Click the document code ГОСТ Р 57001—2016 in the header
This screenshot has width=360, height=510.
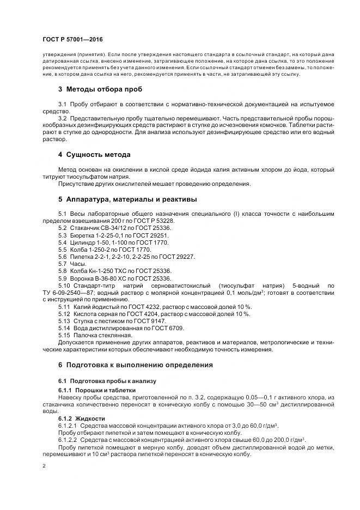pyautogui.click(x=72, y=40)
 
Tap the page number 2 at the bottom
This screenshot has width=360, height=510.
pyautogui.click(x=44, y=466)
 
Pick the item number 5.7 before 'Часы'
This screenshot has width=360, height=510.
pyautogui.click(x=63, y=263)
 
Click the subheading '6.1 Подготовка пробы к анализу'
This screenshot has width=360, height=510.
pyautogui.click(x=107, y=381)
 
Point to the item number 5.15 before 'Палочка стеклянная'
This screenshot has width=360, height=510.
pyautogui.click(x=64, y=335)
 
